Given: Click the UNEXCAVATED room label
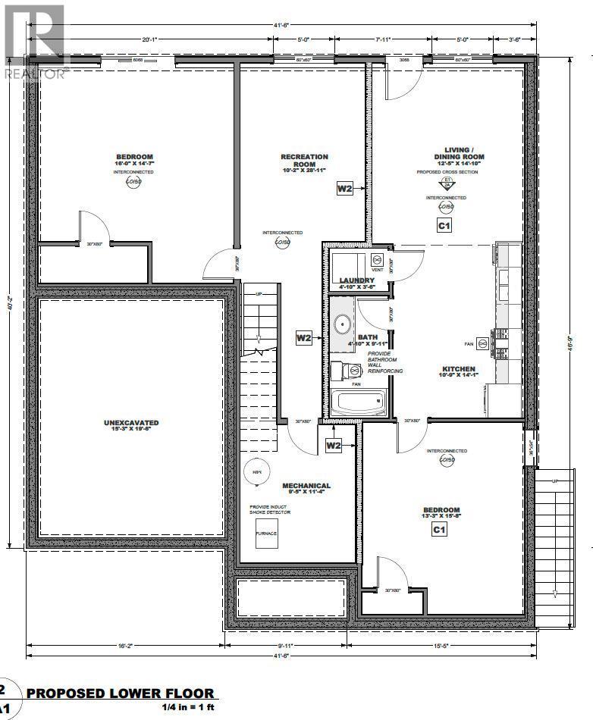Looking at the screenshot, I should click(x=131, y=422).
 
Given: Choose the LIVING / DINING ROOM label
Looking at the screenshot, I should click(x=454, y=153).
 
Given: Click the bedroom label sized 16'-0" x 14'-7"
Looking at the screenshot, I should click(x=133, y=157).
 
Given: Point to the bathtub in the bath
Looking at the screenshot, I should click(x=360, y=402).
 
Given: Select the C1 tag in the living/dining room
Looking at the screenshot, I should click(x=444, y=225).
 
